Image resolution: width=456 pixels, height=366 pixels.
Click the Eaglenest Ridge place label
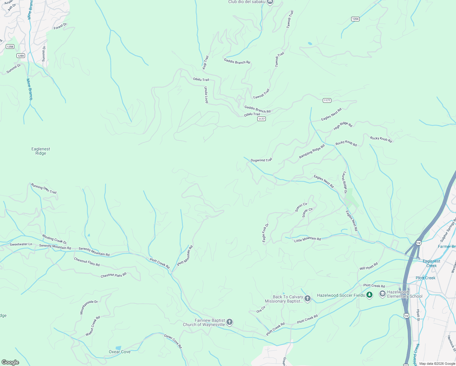[x=41, y=151]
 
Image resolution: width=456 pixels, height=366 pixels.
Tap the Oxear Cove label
[x=119, y=352]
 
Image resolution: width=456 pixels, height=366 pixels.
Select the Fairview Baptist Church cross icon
[x=230, y=322]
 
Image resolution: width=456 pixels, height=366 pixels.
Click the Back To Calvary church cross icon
[x=308, y=299]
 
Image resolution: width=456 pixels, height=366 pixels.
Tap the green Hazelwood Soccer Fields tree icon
[x=369, y=295]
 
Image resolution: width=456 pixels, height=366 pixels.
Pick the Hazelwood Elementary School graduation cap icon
[x=382, y=294]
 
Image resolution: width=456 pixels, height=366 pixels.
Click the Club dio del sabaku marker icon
[x=270, y=2]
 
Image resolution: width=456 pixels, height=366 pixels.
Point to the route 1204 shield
[x=355, y=19]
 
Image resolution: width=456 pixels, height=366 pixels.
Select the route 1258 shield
[x=10, y=46]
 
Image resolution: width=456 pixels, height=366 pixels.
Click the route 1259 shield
[x=20, y=56]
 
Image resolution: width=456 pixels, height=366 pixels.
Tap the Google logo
[x=10, y=362]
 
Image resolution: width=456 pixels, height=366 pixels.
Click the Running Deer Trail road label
[x=44, y=188]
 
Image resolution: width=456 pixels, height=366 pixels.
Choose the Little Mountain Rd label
[x=307, y=239]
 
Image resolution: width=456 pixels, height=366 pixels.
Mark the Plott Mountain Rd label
[x=185, y=255]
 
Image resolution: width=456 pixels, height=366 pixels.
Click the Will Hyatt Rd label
[x=369, y=266]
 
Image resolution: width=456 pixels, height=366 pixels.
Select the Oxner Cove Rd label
[x=173, y=341]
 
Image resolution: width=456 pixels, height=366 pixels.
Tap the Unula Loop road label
[x=206, y=95]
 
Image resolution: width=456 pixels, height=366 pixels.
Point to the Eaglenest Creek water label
[x=431, y=263]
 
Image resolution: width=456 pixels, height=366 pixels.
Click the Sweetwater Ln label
[x=21, y=244]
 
